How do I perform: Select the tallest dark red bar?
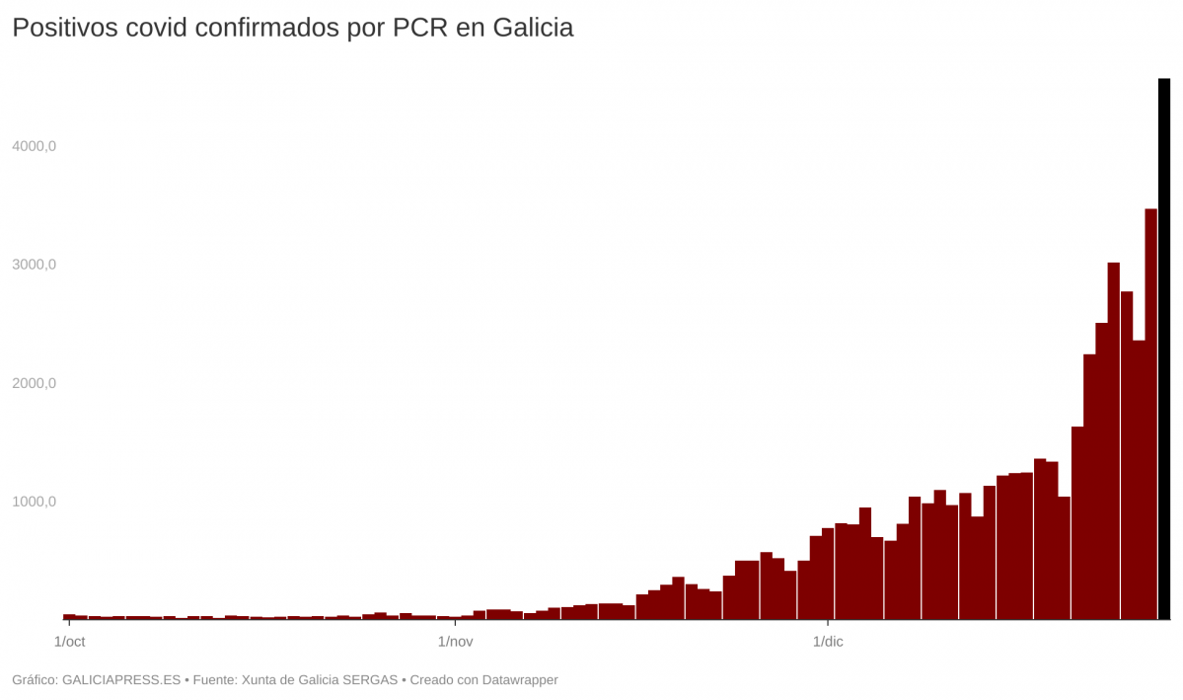click(x=1150, y=415)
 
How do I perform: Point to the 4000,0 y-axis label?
click(x=35, y=146)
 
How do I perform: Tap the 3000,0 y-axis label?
click(x=35, y=265)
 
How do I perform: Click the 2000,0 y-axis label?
click(x=35, y=383)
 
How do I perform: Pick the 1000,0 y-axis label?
click(x=35, y=502)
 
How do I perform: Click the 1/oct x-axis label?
click(x=69, y=642)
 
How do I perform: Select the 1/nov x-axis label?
click(x=455, y=642)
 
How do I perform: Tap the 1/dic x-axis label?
click(x=827, y=642)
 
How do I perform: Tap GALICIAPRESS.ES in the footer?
click(x=121, y=679)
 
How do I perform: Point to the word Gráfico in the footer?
click(x=34, y=679)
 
